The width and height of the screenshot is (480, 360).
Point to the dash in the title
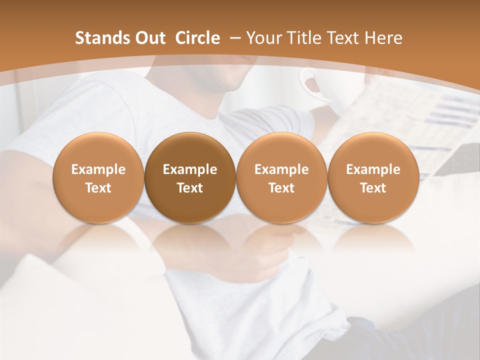tap(233, 38)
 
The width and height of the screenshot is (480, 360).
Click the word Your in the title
tap(263, 38)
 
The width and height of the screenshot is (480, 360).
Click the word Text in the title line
tap(343, 38)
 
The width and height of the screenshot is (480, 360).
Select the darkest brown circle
tap(190, 178)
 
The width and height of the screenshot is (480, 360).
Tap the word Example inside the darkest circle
tap(190, 169)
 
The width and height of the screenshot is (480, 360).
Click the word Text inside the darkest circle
tap(190, 188)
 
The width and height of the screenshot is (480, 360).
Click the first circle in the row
tap(98, 178)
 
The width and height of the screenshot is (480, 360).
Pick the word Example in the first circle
tap(98, 169)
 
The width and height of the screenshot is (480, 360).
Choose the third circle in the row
tap(281, 178)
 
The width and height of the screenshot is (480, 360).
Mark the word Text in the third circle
tap(281, 188)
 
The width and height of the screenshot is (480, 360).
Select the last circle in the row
tap(373, 178)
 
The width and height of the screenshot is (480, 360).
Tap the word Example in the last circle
tap(373, 169)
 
